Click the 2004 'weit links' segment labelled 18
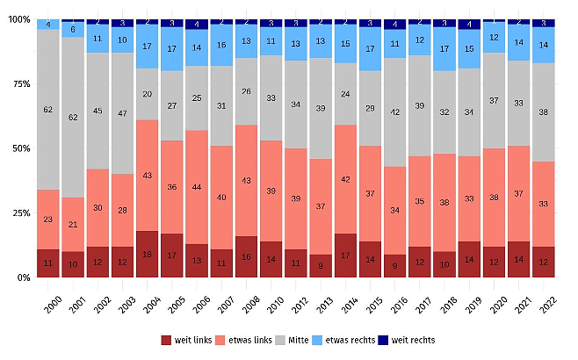147,255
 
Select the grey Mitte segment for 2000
48,110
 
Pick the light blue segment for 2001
73,29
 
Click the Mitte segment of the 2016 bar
395,112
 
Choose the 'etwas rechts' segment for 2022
545,45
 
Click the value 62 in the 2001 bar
73,117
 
